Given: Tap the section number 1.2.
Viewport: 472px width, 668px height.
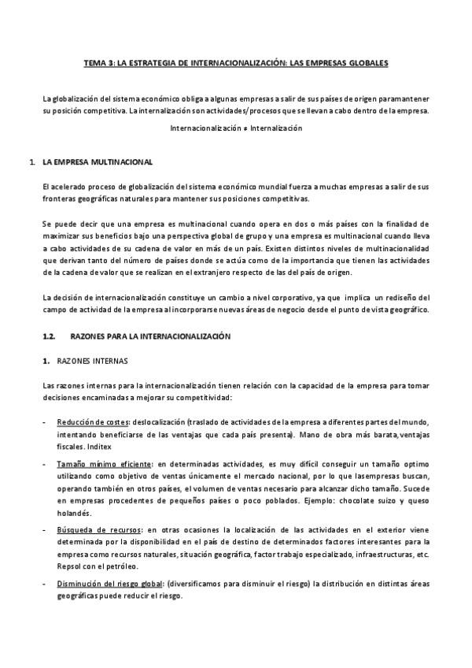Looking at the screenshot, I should coord(49,336).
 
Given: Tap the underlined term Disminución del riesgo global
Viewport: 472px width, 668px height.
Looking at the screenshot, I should coord(108,584).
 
